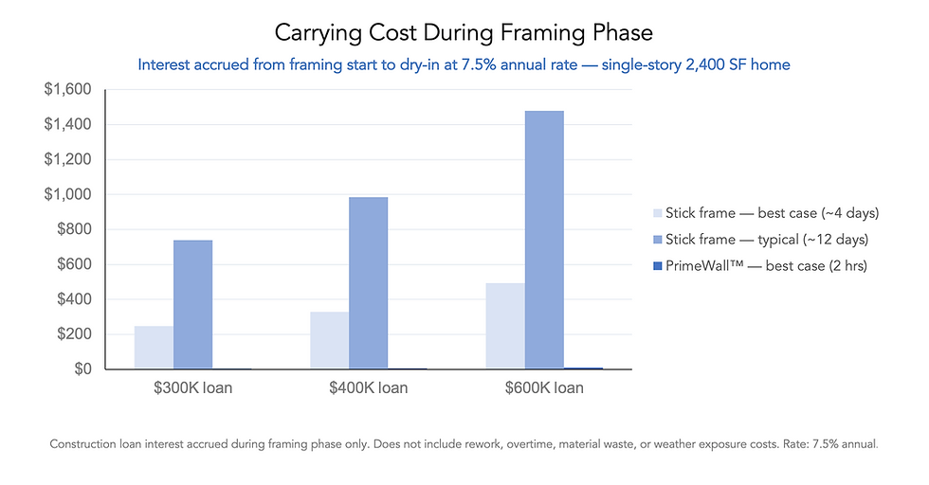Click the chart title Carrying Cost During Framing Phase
464,33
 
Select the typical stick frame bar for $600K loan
544,240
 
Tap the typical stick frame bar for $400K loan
368,282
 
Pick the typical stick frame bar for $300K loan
192,304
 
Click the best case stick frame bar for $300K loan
154,348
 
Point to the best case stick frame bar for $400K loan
329,340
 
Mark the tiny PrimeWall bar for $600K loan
583,368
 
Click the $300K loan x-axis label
192,388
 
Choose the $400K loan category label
368,388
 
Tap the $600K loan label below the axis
544,388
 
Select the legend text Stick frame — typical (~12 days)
766,240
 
